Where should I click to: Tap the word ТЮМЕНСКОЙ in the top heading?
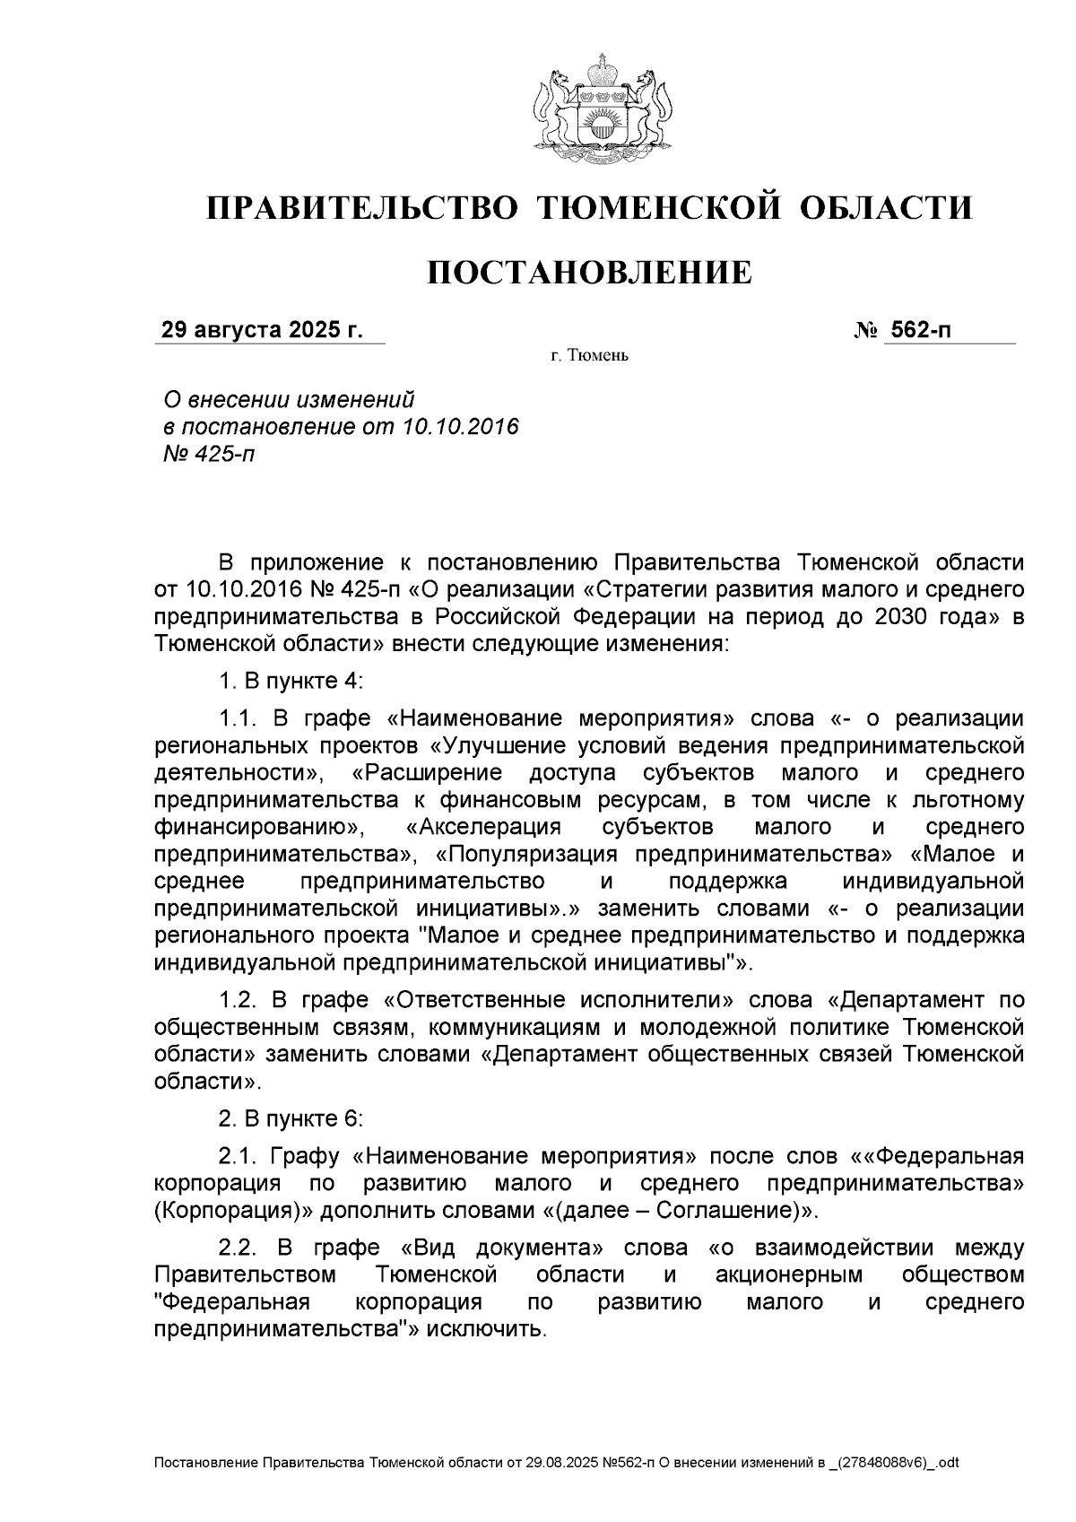659,208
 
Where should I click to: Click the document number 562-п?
919,330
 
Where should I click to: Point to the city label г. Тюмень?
589,357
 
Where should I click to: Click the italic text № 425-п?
207,453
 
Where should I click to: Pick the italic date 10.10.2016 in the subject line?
461,426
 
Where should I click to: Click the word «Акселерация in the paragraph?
483,826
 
